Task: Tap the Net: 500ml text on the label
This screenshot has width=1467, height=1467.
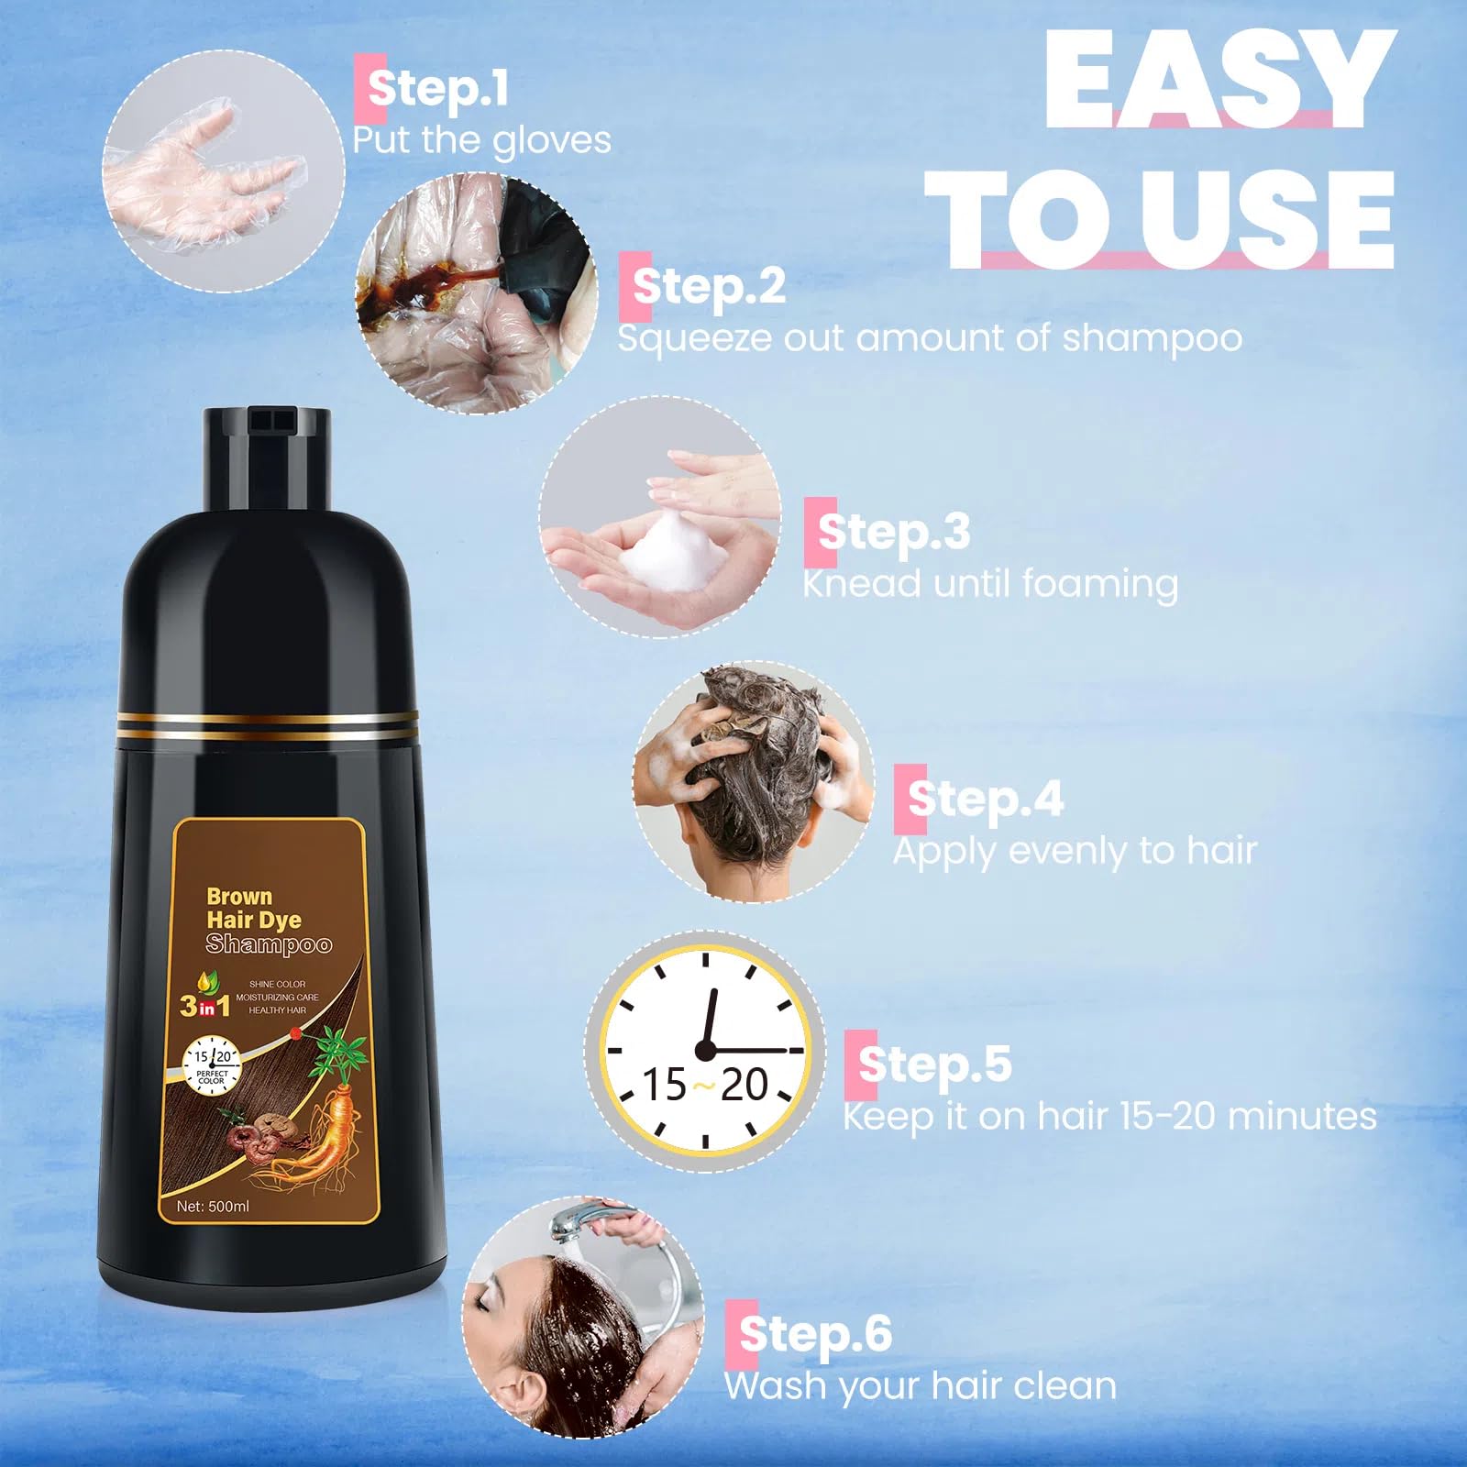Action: point(213,1207)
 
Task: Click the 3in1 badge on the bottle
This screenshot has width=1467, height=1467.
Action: point(204,1007)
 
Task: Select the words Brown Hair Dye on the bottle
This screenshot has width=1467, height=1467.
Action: point(253,908)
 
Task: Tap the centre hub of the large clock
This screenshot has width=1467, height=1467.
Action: point(704,1050)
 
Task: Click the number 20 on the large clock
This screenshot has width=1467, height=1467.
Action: point(744,1086)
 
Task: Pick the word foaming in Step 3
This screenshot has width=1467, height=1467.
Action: point(1100,585)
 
